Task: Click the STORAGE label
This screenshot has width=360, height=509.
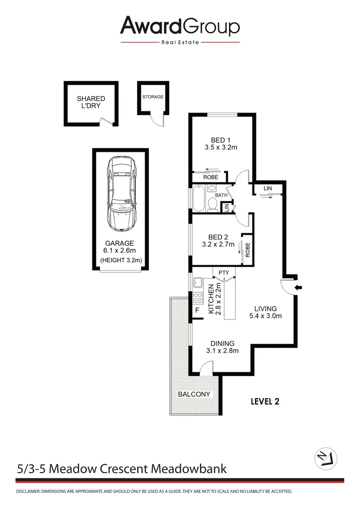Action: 153,97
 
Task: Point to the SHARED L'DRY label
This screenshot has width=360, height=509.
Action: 91,102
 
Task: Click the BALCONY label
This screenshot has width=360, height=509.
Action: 194,394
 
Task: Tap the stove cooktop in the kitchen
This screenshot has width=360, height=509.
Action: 198,297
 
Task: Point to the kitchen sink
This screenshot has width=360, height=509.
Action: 198,283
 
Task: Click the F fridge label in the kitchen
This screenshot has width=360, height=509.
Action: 197,311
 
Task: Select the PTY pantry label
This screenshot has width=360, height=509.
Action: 223,272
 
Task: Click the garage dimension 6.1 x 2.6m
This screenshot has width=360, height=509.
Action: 120,251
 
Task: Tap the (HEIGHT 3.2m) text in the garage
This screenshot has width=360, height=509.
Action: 121,260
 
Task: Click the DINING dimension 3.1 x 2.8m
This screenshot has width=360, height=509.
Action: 222,350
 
